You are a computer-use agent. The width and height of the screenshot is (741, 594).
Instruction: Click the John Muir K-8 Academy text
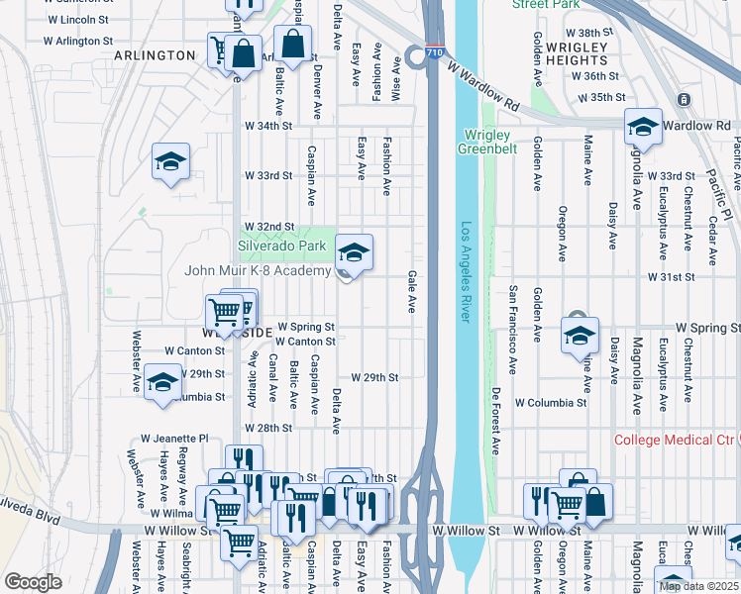pyautogui.click(x=257, y=270)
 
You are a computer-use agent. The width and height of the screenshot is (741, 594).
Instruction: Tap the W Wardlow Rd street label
pyautogui.click(x=482, y=86)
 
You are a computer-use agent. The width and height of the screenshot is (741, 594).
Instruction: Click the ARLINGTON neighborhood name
pyautogui.click(x=154, y=55)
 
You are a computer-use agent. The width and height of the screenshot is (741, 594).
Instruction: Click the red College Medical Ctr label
pyautogui.click(x=677, y=441)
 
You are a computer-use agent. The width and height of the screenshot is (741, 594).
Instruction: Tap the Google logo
pyautogui.click(x=33, y=582)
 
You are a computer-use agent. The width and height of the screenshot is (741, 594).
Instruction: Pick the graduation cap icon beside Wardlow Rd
pyautogui.click(x=642, y=128)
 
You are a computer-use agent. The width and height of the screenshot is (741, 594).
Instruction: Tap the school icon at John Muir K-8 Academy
pyautogui.click(x=354, y=253)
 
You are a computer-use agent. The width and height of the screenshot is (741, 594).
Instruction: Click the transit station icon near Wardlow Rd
pyautogui.click(x=683, y=100)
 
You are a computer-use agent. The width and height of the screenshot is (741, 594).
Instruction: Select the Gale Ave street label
pyautogui.click(x=411, y=293)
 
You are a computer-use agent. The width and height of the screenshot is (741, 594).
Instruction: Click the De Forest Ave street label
pyautogui.click(x=494, y=420)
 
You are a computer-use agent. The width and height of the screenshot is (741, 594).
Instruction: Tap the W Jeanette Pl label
pyautogui.click(x=174, y=438)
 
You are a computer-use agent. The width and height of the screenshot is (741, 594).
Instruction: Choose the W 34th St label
pyautogui.click(x=268, y=127)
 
